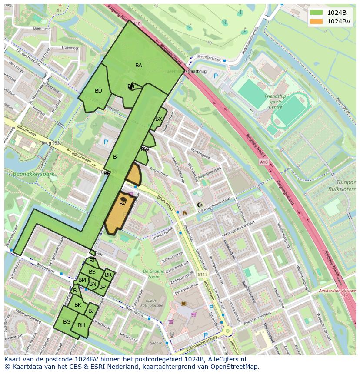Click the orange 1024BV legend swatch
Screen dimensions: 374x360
[317, 21]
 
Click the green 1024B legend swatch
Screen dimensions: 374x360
[317, 13]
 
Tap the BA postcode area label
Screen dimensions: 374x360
[139, 66]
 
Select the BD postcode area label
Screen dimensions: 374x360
[98, 91]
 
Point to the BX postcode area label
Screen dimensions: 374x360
[159, 119]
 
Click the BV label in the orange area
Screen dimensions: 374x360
[123, 203]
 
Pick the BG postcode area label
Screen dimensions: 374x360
[67, 322]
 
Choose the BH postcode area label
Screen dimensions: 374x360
[81, 325]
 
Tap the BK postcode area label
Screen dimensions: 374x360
[78, 305]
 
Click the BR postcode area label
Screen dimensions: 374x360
[108, 275]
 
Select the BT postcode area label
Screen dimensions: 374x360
[92, 261]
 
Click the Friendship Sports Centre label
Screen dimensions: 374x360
[275, 102]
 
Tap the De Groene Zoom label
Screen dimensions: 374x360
[150, 274]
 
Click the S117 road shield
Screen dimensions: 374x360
[202, 275]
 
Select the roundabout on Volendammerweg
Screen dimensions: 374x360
[227, 331]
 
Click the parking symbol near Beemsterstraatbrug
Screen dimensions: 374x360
[216, 76]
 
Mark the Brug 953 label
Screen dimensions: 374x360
[50, 143]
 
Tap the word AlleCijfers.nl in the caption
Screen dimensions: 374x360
[226, 359]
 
